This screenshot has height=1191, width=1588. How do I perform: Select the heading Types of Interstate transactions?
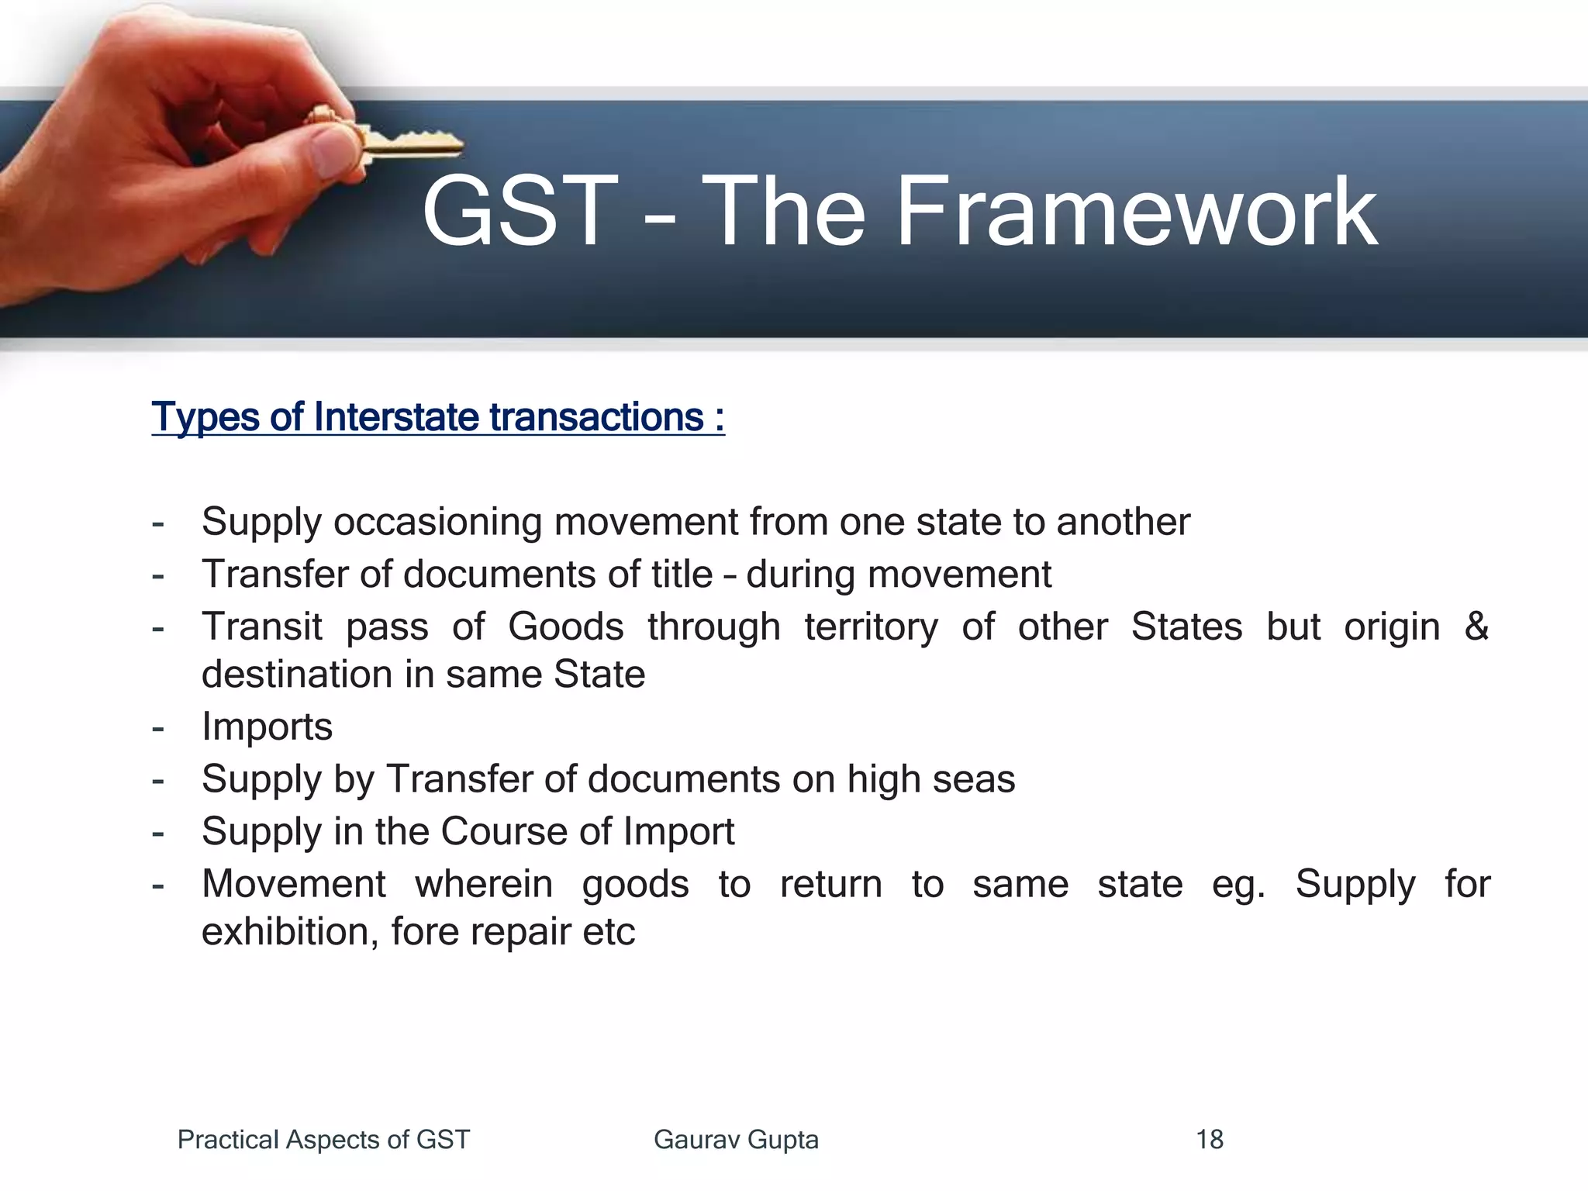pyautogui.click(x=438, y=417)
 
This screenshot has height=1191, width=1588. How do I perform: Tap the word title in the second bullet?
pyautogui.click(x=680, y=575)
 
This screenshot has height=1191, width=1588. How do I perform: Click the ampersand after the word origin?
pyautogui.click(x=1476, y=626)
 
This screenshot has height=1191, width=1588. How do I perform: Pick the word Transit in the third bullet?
pyautogui.click(x=262, y=627)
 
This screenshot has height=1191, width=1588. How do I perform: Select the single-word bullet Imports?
pyautogui.click(x=267, y=727)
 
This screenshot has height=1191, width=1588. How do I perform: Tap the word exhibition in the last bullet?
pyautogui.click(x=290, y=932)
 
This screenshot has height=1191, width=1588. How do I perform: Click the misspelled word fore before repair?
pyautogui.click(x=425, y=932)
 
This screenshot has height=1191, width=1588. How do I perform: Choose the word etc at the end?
pyautogui.click(x=609, y=932)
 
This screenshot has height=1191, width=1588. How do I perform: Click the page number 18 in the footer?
pyautogui.click(x=1210, y=1140)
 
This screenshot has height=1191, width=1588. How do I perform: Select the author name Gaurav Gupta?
pyautogui.click(x=736, y=1140)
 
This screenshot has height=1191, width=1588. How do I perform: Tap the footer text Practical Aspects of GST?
pyautogui.click(x=323, y=1140)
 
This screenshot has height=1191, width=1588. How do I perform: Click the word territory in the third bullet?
pyautogui.click(x=871, y=627)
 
